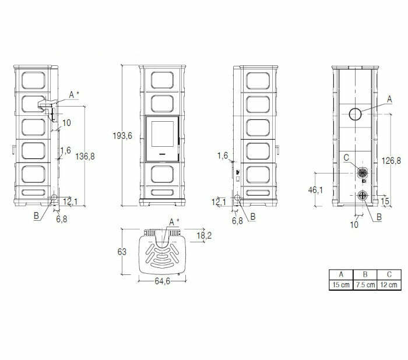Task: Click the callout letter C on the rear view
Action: [346, 157]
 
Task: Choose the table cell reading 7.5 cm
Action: [364, 285]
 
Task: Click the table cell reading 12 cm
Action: [389, 285]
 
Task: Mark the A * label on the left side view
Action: [73, 94]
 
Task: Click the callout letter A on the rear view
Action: [389, 100]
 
